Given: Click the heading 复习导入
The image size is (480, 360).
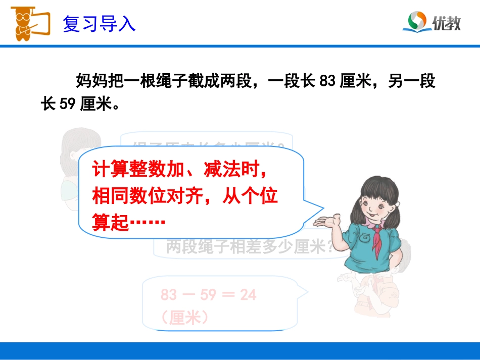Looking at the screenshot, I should pyautogui.click(x=99, y=24).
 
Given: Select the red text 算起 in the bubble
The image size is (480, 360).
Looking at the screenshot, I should pyautogui.click(x=110, y=222).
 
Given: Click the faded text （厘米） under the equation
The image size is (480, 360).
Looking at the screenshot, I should pyautogui.click(x=185, y=317).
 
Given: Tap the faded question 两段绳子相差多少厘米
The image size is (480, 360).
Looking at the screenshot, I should pyautogui.click(x=248, y=247).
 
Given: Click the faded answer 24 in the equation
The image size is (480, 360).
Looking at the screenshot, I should pyautogui.click(x=248, y=294).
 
